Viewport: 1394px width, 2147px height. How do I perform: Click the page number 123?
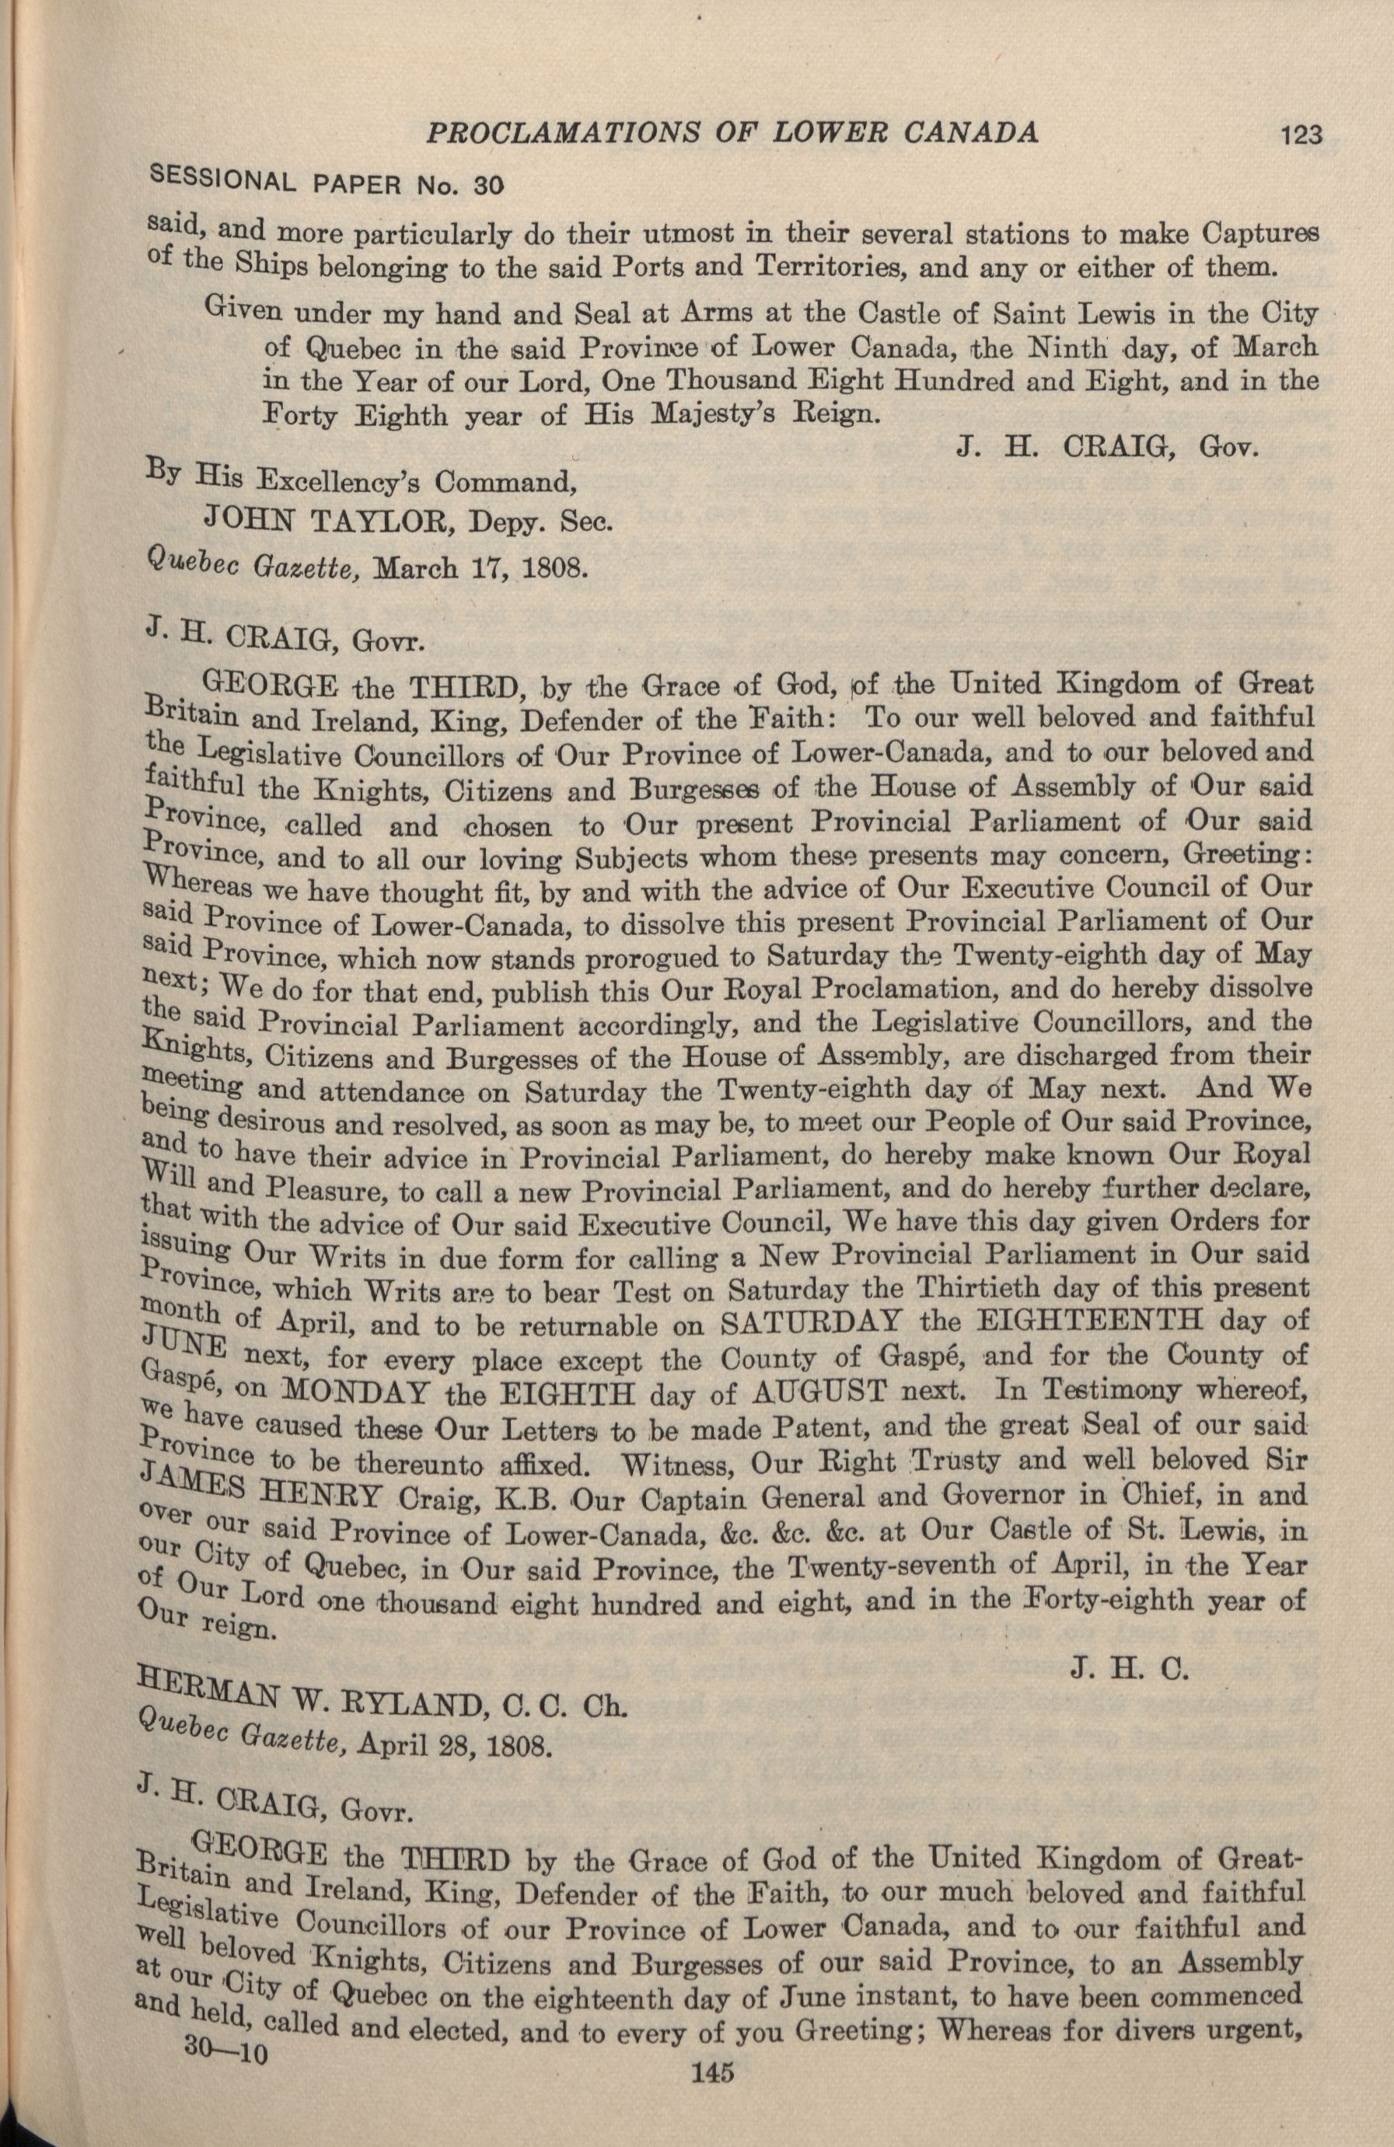[1298, 135]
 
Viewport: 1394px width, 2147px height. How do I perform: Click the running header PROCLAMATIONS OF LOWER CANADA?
[732, 133]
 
